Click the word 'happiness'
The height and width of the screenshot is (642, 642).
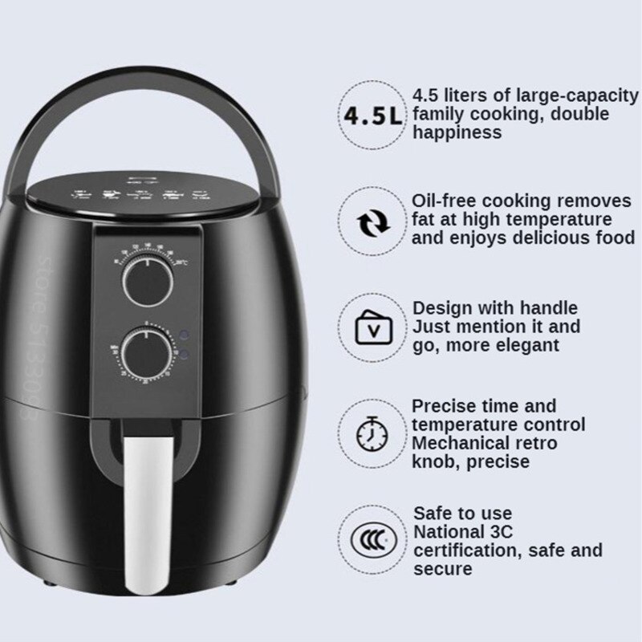457,133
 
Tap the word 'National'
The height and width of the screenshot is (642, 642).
448,532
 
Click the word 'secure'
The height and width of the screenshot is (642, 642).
442,569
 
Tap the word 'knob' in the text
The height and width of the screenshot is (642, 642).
433,461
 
